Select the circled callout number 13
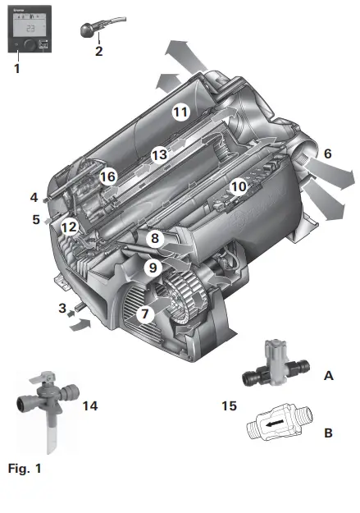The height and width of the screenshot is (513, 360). [x=158, y=153]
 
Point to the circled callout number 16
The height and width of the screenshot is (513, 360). [x=107, y=176]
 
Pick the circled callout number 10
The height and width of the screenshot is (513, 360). [x=238, y=186]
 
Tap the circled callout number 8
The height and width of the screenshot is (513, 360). [x=153, y=238]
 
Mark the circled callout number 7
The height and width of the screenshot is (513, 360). [x=145, y=313]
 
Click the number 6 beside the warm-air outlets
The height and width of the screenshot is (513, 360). [x=327, y=153]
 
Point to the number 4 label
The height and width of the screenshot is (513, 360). [x=34, y=197]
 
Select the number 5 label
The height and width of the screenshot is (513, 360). [x=36, y=219]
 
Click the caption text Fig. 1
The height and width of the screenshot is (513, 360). [x=24, y=469]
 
